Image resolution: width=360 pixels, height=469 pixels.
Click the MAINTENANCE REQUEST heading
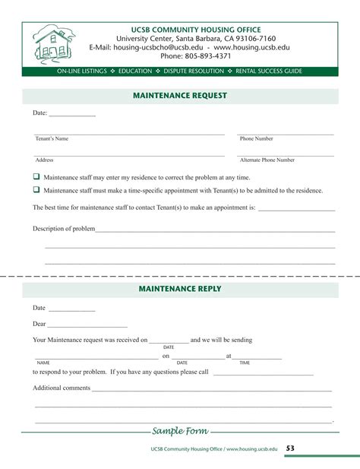point(180,96)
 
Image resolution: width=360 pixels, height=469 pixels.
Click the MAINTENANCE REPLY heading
point(180,289)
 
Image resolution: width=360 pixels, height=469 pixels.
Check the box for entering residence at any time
point(36,176)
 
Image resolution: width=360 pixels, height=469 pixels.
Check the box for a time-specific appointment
point(36,190)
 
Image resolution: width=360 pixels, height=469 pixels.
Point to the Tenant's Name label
point(52,139)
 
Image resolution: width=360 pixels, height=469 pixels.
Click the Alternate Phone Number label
point(267,160)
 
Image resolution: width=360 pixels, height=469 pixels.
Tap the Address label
point(44,160)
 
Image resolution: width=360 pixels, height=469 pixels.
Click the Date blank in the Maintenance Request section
point(72,114)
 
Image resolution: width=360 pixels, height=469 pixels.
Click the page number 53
point(291,448)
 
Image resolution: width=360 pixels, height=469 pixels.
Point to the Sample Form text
point(180,431)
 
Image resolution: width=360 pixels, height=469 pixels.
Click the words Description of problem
point(63,228)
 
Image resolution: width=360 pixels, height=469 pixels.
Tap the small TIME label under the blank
point(245,363)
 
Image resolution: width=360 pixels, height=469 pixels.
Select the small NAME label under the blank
point(43,363)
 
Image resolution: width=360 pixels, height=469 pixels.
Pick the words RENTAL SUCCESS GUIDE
point(269,71)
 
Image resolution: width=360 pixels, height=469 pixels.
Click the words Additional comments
point(62,388)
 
